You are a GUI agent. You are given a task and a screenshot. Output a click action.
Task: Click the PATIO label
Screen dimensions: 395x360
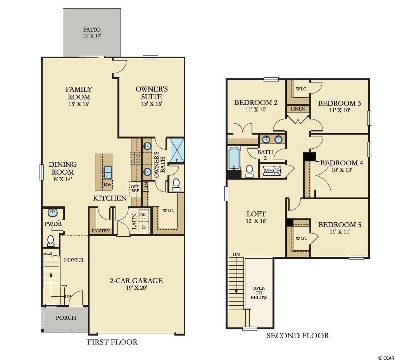coord(92,30)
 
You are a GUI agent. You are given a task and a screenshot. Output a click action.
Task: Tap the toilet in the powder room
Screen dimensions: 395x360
coord(51,241)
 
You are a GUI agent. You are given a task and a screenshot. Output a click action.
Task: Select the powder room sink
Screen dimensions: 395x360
coord(53,213)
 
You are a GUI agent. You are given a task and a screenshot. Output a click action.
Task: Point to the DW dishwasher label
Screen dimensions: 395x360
coord(107,184)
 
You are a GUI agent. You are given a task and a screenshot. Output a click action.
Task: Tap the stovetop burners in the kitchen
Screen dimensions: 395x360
coord(135,158)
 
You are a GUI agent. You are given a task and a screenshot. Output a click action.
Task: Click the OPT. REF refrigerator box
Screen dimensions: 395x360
coord(135,189)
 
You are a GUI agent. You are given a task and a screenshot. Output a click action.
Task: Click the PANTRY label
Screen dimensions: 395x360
coord(101,231)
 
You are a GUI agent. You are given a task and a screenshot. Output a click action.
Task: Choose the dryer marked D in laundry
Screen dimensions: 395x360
coord(143,227)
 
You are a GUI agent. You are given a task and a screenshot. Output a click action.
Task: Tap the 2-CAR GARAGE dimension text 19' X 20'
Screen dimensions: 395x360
coord(136,288)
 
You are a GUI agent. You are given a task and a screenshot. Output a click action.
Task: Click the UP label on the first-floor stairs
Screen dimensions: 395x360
coord(68,296)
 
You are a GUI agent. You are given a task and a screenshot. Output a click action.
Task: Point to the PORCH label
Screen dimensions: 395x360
coord(66,318)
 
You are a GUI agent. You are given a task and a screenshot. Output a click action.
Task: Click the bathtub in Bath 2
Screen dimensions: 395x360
coord(234,158)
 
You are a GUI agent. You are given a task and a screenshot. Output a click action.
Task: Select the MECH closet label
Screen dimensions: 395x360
coord(273,171)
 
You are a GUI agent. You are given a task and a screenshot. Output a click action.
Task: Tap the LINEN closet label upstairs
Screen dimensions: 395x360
coord(298,109)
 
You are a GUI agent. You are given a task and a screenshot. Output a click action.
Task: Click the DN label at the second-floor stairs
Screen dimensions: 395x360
coord(236,254)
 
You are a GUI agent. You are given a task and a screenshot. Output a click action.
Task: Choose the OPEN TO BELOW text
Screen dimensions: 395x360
coord(259,292)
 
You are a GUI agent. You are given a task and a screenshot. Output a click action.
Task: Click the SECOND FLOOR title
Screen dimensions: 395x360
coord(298,336)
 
